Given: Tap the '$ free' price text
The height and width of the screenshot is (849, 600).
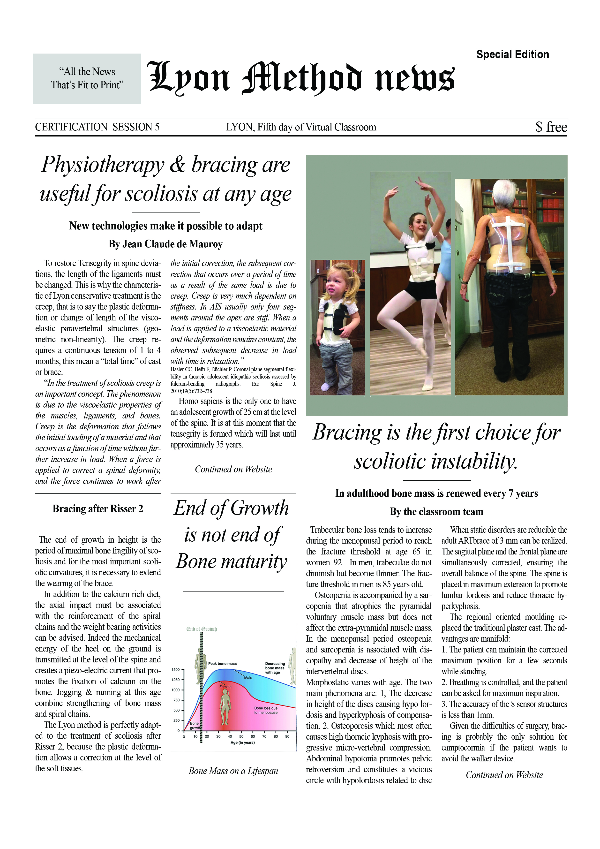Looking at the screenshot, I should tap(551, 127).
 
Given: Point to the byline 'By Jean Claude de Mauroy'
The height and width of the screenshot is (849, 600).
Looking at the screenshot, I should tap(166, 244).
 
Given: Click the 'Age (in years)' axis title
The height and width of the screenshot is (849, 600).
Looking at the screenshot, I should tap(242, 743).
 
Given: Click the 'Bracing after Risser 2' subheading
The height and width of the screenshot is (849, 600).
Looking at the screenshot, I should tap(98, 509).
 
